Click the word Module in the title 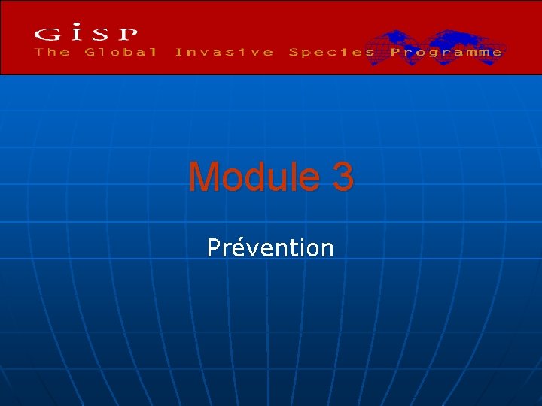(253, 177)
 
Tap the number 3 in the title (341, 177)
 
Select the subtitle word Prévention (270, 247)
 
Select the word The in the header (53, 52)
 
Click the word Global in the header (120, 52)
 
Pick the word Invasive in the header (224, 52)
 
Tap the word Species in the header (331, 52)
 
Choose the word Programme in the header (446, 52)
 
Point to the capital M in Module (206, 177)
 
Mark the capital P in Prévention (215, 247)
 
